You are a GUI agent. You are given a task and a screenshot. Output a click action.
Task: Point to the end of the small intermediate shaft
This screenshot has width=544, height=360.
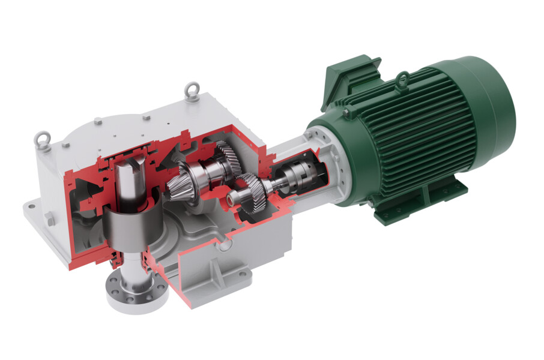(231, 197)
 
